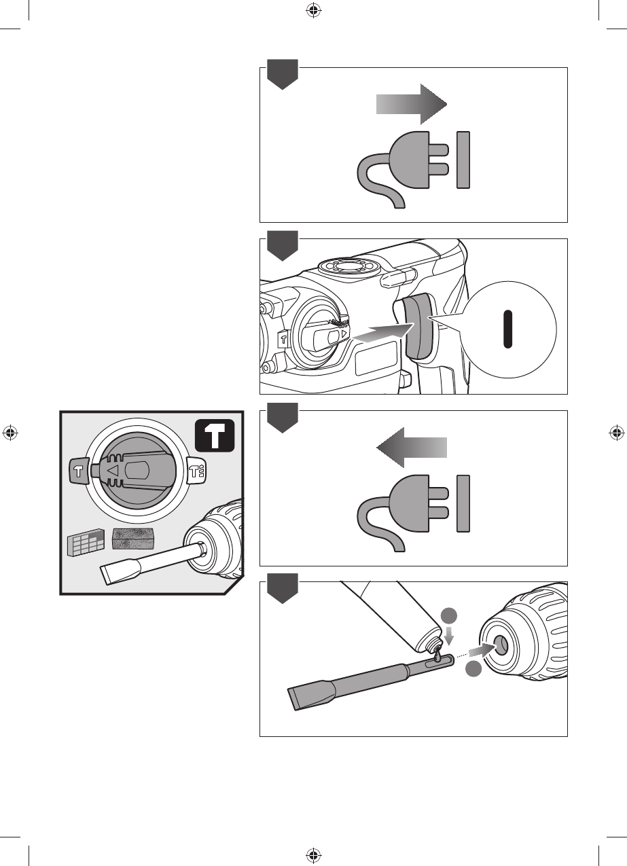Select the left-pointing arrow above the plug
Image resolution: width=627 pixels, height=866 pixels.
(411, 448)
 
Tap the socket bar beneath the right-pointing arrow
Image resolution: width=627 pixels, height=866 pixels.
(463, 160)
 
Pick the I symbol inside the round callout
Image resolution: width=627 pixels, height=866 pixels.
(507, 329)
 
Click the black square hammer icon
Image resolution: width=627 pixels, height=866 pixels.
(215, 436)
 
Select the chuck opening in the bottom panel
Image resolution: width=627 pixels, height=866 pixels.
(501, 645)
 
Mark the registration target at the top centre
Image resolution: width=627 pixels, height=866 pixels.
(313, 10)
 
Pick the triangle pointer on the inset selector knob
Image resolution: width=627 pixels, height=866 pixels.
(113, 469)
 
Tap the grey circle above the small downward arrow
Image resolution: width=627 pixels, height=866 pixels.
(448, 617)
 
